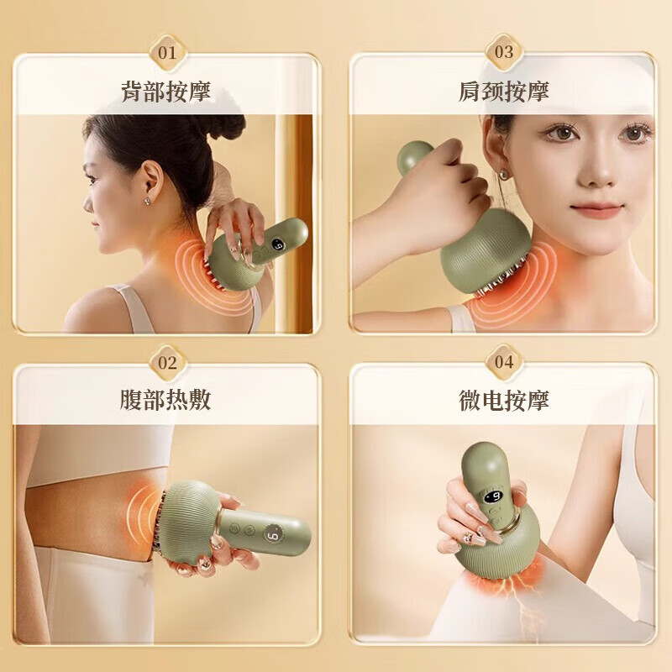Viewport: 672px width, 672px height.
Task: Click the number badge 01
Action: coord(167,52)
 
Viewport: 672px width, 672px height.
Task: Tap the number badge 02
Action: coord(167,363)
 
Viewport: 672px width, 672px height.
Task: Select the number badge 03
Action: coord(503,52)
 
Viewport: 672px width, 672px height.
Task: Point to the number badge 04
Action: coord(503,363)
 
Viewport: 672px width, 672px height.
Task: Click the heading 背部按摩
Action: coord(166,91)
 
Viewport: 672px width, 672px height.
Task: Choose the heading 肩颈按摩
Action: coord(503,91)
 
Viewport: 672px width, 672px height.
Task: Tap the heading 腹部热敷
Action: coord(166,400)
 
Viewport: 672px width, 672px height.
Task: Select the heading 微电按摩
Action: coord(503,400)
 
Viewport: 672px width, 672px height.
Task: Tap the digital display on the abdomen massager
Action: coord(274,534)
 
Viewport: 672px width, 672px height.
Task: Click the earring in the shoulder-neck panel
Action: coord(505,175)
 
